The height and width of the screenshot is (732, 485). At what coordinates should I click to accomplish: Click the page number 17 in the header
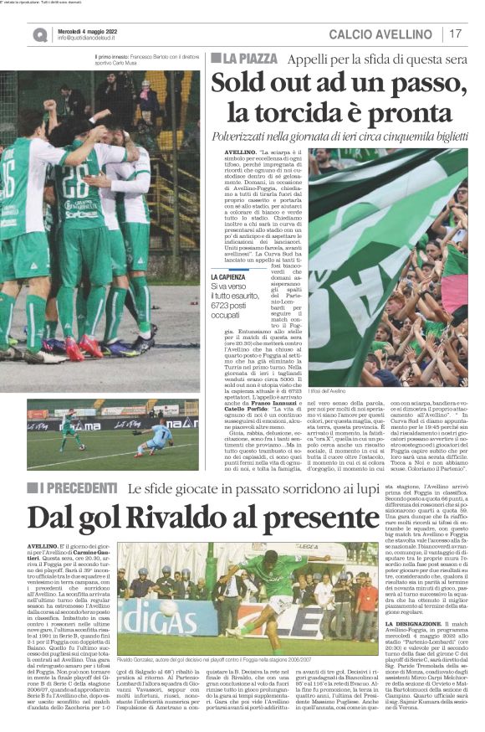[x=456, y=34]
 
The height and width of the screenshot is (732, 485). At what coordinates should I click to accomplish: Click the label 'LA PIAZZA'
[x=248, y=59]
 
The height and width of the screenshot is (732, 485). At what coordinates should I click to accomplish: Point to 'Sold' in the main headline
[x=238, y=85]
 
